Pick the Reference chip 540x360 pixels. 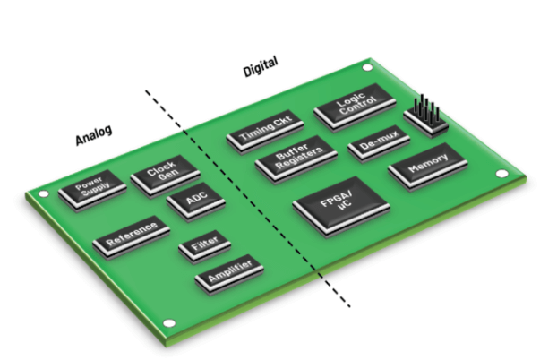coord(131,236)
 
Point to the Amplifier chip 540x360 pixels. coord(228,271)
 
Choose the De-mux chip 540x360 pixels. coord(378,143)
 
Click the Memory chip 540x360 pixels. coord(427,167)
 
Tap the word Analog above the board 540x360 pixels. coord(94,135)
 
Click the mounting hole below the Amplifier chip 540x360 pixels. coord(167,323)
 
